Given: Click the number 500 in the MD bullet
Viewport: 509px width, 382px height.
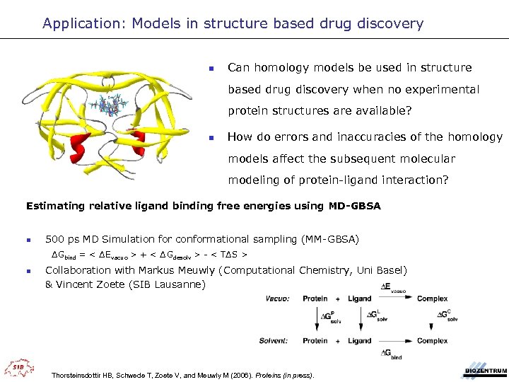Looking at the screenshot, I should tap(56, 239).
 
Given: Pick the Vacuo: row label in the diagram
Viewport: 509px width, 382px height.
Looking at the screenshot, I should tap(277, 299).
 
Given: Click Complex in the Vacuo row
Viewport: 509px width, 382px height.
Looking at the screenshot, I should tap(432, 299).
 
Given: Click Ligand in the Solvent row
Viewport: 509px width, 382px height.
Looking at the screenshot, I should tap(359, 340).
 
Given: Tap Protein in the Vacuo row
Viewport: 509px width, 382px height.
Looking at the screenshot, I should tap(315, 299).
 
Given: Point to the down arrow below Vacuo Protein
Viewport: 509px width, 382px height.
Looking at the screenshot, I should tap(315, 319).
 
